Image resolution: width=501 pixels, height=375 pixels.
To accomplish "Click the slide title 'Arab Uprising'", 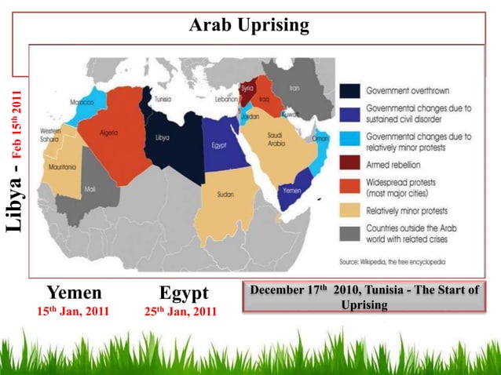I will (x=250, y=27).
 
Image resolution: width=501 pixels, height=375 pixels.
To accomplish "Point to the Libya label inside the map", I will (x=163, y=137).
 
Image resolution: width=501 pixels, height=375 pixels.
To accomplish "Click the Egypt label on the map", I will (x=220, y=145).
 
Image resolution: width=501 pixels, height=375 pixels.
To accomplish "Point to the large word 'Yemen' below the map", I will (x=74, y=293).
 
